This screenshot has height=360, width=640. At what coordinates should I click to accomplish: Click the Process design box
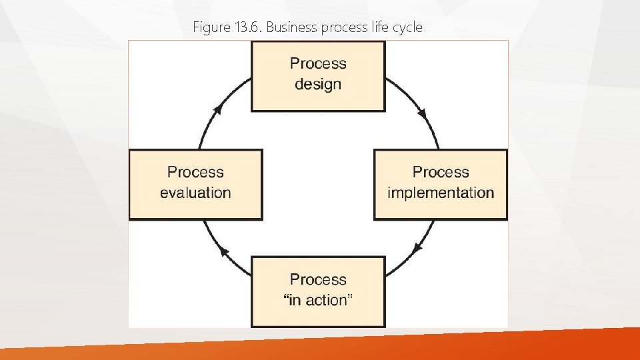tap(318, 76)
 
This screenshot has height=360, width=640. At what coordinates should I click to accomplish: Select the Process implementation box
tap(441, 184)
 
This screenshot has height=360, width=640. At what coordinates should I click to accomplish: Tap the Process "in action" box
tap(318, 291)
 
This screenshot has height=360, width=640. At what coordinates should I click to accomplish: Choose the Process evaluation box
tap(195, 184)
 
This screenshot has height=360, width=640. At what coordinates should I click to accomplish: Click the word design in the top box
tap(318, 85)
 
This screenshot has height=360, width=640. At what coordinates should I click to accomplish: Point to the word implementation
tap(441, 193)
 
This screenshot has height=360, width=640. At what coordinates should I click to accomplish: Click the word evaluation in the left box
tap(195, 193)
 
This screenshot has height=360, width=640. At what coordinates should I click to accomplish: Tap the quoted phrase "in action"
tap(318, 301)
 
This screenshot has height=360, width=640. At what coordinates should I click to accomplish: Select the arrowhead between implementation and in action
tap(417, 247)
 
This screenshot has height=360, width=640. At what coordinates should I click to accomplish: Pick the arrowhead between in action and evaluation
tap(225, 253)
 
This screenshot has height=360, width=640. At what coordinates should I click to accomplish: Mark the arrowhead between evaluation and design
tap(217, 109)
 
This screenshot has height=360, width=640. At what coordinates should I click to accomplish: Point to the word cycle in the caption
tap(407, 28)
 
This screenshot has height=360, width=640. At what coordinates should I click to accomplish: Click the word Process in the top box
tap(318, 64)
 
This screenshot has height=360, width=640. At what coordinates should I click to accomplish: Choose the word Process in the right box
tap(441, 172)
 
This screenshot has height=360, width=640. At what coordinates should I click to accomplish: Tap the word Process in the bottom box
tap(318, 279)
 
